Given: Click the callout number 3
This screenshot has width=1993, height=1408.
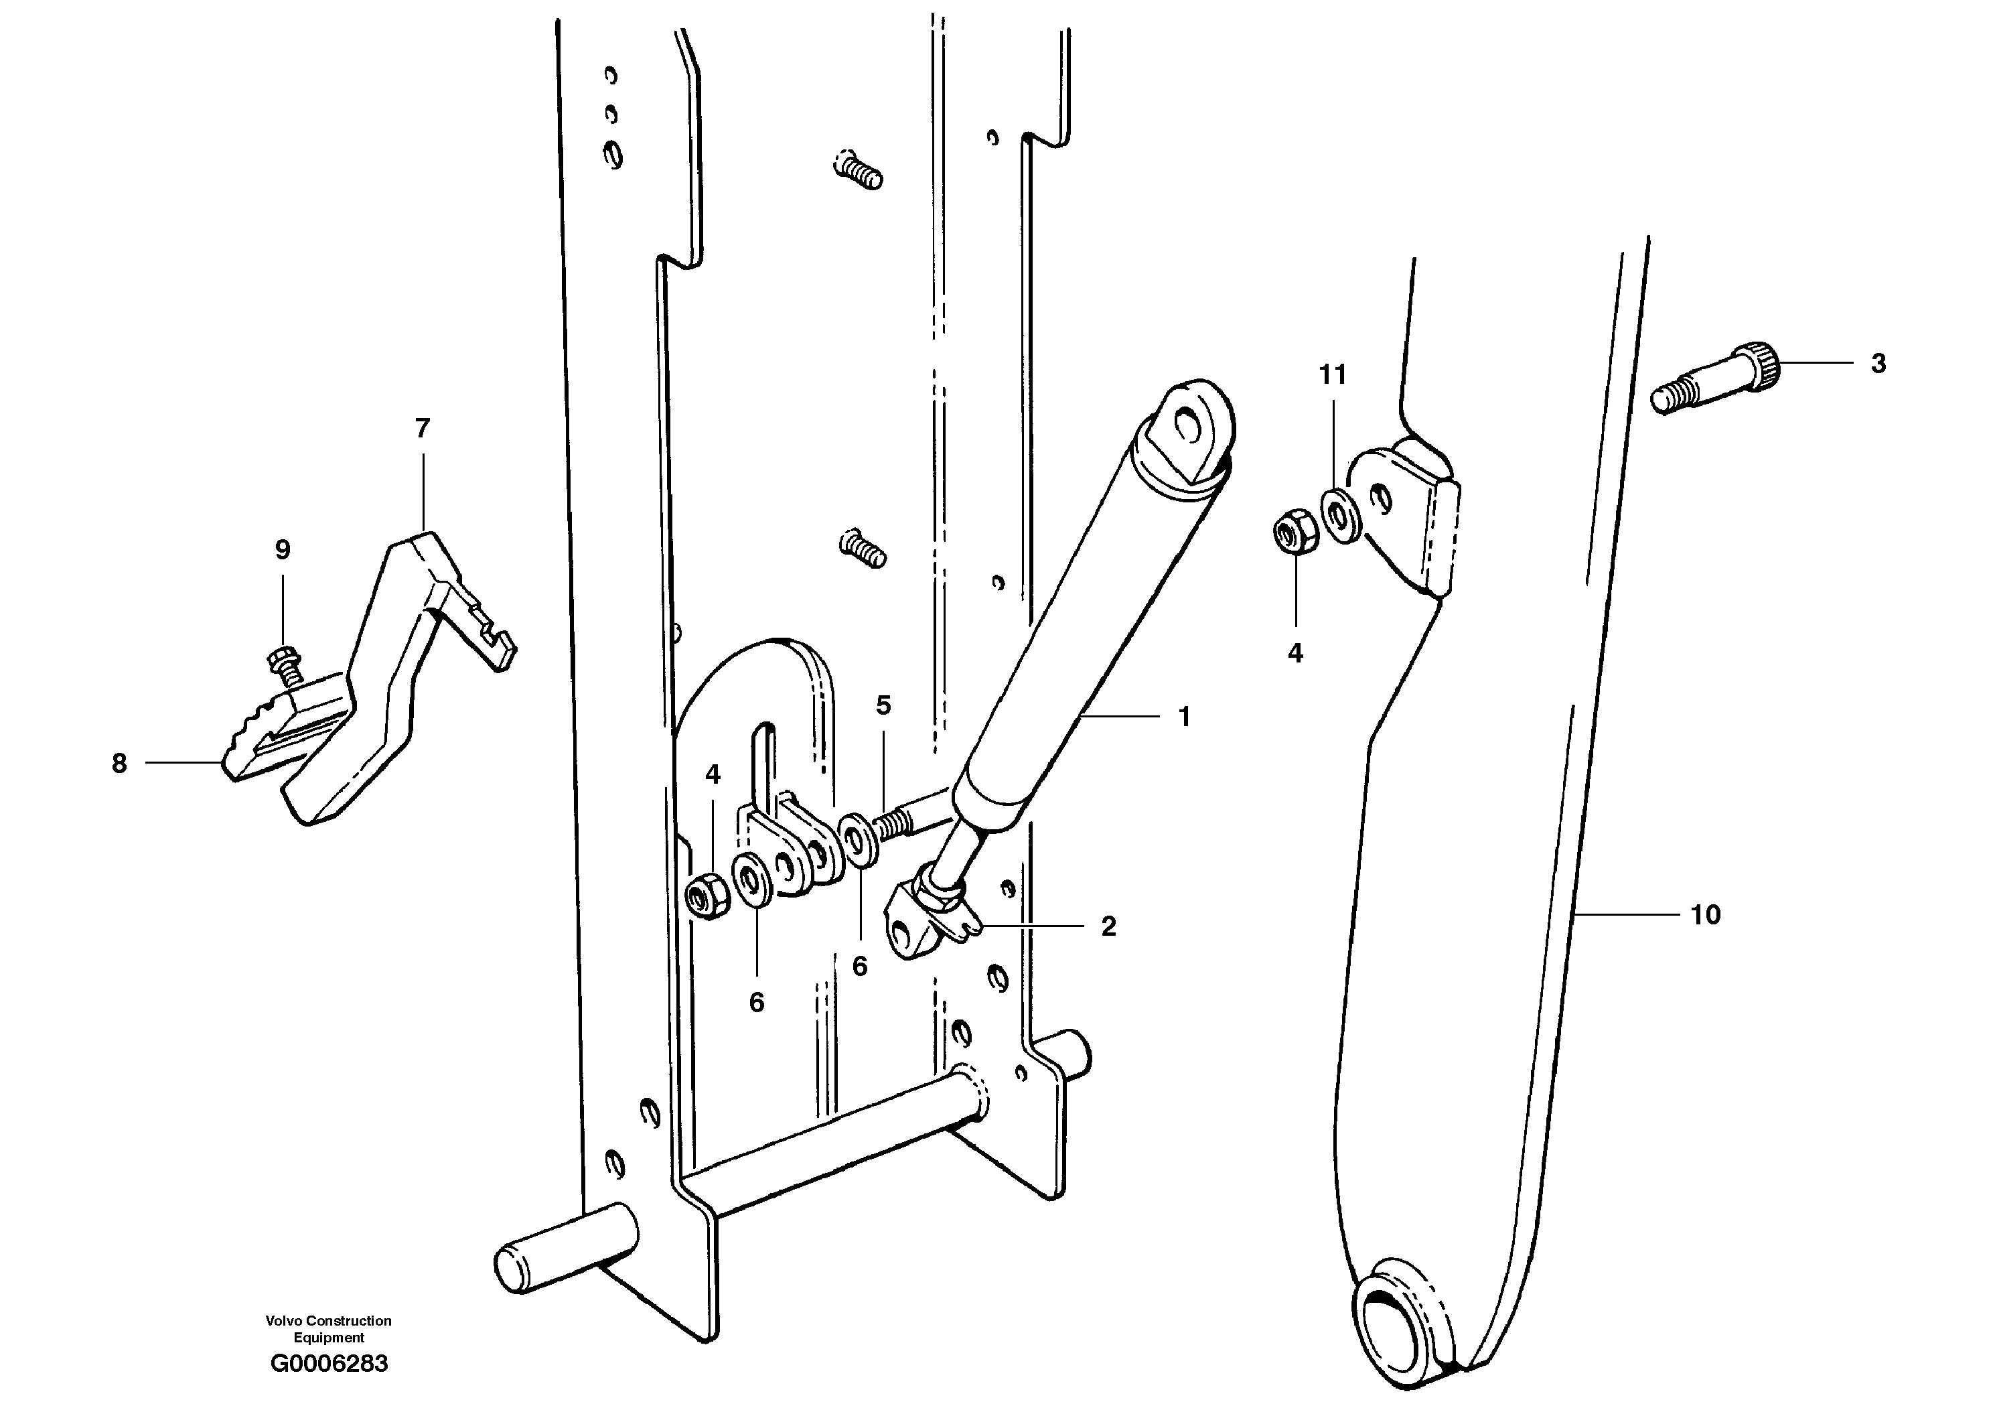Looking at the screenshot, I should coord(1878,364).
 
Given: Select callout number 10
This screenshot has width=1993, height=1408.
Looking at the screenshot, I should coord(1705,914).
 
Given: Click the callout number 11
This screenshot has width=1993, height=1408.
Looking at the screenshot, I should coord(1333,375).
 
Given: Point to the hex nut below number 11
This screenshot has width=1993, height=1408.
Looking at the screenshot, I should coord(1296,532).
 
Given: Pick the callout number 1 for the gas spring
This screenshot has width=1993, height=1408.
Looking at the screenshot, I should coord(1184,717).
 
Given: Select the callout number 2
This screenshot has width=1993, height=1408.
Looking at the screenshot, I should coord(1108,926).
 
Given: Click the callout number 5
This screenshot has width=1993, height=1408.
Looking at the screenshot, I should coord(883,706).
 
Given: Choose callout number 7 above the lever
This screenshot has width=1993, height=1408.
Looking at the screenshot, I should coord(422,428).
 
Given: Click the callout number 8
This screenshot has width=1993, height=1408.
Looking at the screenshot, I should coord(119,763).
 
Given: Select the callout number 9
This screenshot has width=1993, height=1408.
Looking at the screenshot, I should coord(282,549).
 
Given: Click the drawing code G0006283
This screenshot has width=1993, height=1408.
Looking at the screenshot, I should coord(329,1363).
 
